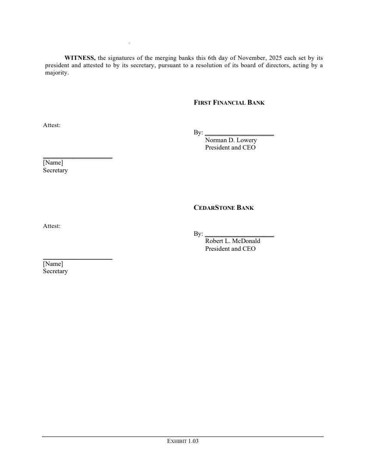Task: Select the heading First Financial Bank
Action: [x=229, y=103]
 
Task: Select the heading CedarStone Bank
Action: [x=224, y=208]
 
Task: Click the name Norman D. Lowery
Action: [x=231, y=140]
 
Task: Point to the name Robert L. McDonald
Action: [x=232, y=241]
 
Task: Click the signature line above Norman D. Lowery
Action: [x=239, y=135]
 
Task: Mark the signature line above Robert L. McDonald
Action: [x=239, y=236]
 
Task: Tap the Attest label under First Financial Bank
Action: [x=52, y=125]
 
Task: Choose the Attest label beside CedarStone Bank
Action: [x=52, y=226]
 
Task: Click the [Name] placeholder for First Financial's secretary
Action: [x=53, y=163]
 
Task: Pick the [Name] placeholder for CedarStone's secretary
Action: [x=53, y=264]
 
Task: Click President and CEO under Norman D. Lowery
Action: [x=230, y=147]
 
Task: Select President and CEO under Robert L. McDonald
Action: [x=230, y=249]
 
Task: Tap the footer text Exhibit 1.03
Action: [x=183, y=441]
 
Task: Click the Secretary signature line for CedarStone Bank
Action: [x=78, y=259]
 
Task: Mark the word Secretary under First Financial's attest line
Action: [x=55, y=170]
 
